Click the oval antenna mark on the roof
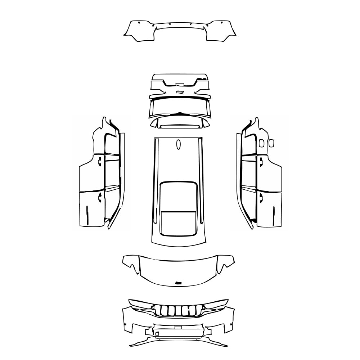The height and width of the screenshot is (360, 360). pyautogui.click(x=178, y=144)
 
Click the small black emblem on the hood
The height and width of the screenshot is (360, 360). pyautogui.click(x=178, y=283)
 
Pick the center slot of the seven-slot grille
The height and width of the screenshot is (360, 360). pyautogui.click(x=178, y=310)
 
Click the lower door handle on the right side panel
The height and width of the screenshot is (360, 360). pyautogui.click(x=260, y=196)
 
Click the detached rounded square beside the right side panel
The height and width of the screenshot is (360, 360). pyautogui.click(x=271, y=143)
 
